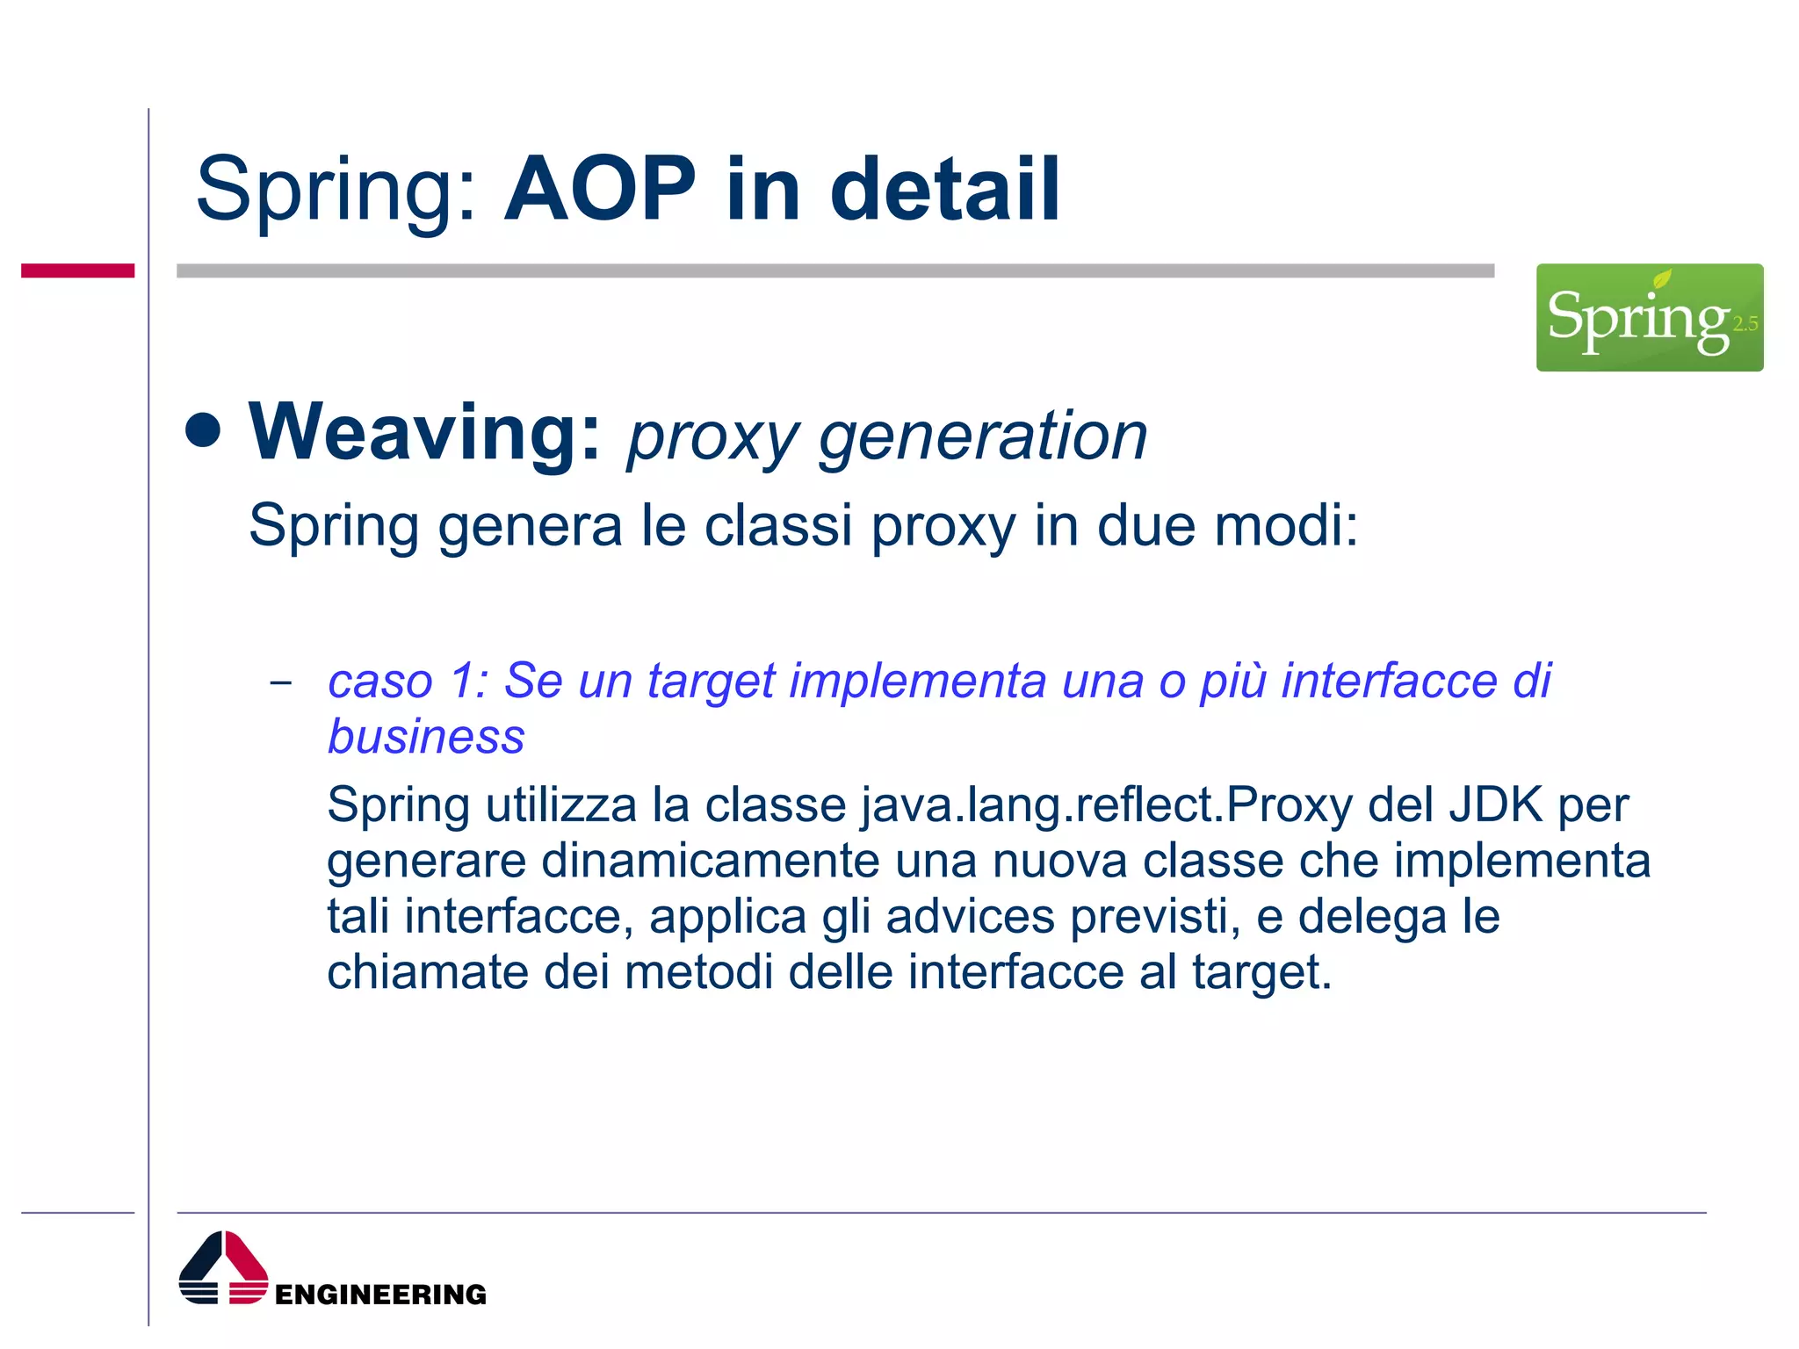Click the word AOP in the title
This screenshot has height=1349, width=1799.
click(x=601, y=190)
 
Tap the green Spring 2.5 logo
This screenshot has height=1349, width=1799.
click(x=1649, y=317)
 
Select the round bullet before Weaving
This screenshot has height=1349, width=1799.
click(x=204, y=430)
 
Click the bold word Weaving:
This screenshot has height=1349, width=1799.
click(x=425, y=432)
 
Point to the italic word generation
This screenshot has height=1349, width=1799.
click(x=983, y=436)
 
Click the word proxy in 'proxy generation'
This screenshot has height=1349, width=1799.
click(x=712, y=438)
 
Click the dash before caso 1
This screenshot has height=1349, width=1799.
click(x=281, y=682)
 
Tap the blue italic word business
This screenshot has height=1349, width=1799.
click(x=426, y=736)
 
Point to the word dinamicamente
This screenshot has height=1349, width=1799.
click(x=710, y=861)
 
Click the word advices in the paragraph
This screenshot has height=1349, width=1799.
click(x=970, y=917)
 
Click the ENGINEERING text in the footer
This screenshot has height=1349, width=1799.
click(x=380, y=1295)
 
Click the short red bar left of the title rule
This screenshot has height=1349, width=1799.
click(x=77, y=271)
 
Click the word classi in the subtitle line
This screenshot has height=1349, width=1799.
click(x=778, y=526)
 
